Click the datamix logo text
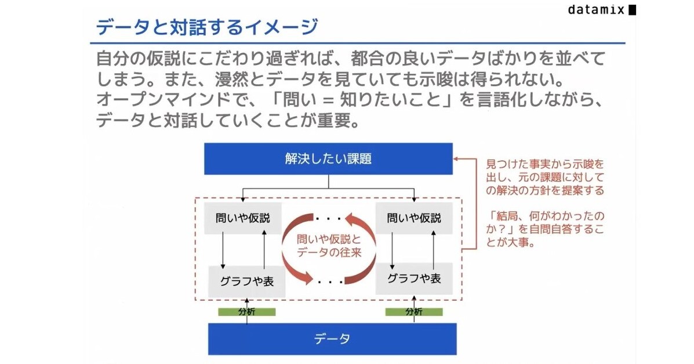click(x=597, y=10)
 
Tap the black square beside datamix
click(x=632, y=10)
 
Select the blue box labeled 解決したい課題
click(x=328, y=158)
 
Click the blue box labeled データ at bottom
click(x=332, y=338)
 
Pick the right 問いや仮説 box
click(x=414, y=218)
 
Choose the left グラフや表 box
click(x=247, y=281)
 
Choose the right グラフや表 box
click(x=414, y=278)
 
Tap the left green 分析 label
click(x=246, y=312)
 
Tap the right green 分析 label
click(x=414, y=312)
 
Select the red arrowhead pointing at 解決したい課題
click(x=457, y=158)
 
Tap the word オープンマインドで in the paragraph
click(x=168, y=100)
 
